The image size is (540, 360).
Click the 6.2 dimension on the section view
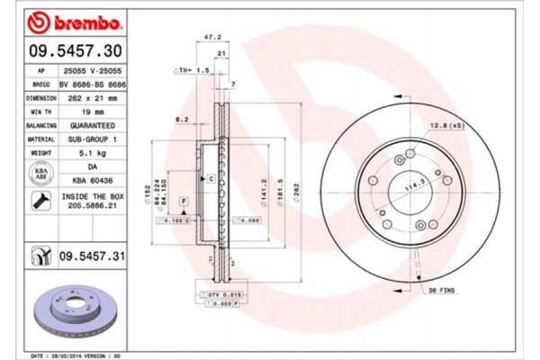click(182, 119)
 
